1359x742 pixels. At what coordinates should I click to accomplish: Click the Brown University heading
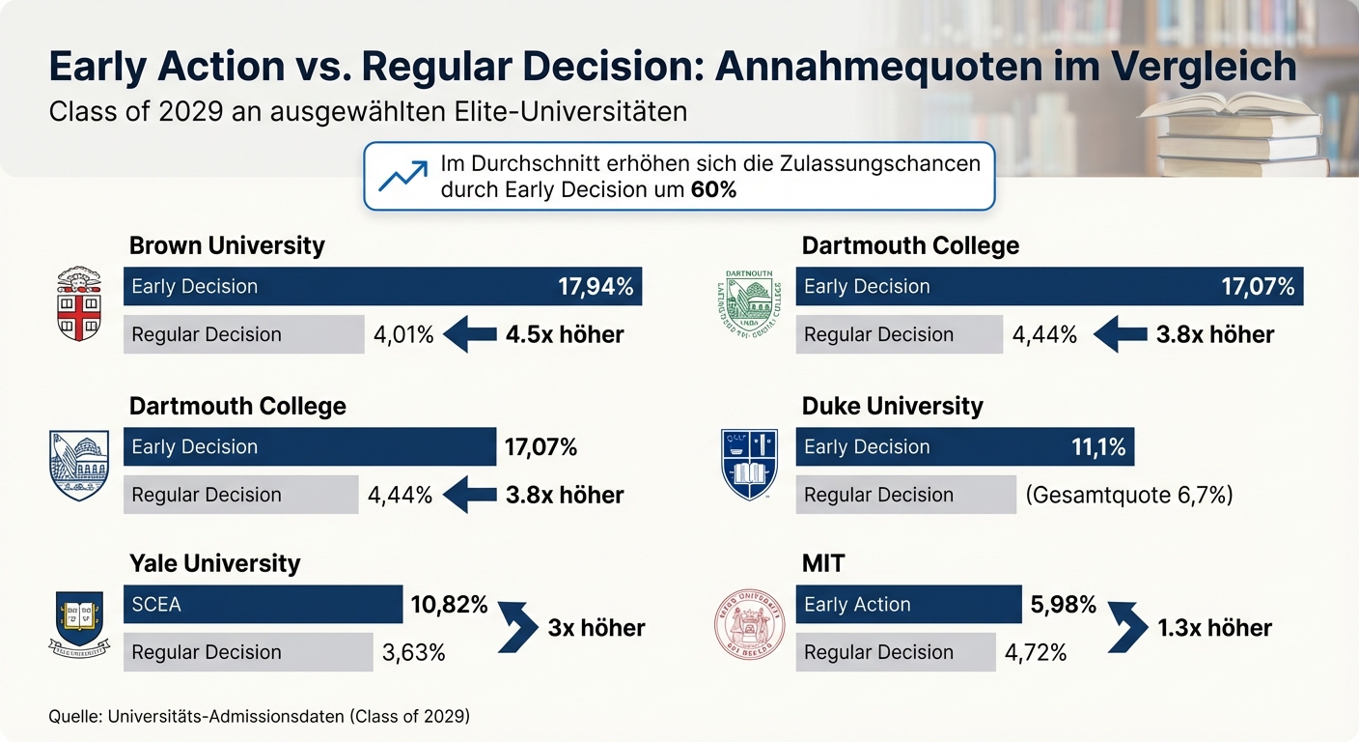227,245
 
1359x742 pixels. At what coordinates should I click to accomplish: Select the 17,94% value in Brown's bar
596,286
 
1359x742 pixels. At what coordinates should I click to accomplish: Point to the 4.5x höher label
565,334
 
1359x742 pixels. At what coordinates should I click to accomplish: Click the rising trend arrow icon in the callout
402,176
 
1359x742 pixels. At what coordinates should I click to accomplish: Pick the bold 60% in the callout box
713,189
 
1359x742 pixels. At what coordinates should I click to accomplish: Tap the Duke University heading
892,406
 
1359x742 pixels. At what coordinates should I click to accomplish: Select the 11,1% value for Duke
1098,446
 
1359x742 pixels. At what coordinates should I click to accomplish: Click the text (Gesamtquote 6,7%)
1129,495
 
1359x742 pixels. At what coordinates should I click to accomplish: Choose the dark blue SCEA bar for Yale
263,605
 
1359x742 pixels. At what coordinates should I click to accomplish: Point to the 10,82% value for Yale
449,605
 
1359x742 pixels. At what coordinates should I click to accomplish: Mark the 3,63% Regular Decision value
413,652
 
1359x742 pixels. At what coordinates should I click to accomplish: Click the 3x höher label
596,628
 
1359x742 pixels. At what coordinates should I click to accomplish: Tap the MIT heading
822,563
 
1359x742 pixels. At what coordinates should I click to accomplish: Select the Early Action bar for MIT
908,605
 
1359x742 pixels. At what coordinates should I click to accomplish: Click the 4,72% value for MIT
1036,652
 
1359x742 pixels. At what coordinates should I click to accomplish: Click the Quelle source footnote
258,717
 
